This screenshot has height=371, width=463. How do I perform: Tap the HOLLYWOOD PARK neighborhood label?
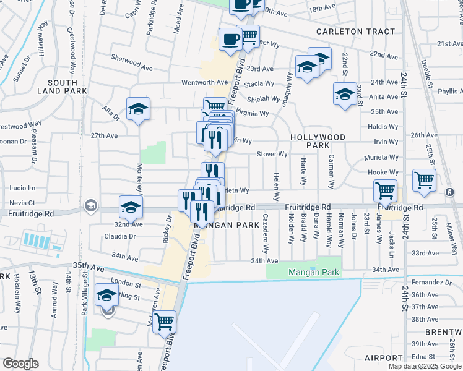318,140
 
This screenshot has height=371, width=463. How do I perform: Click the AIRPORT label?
383,358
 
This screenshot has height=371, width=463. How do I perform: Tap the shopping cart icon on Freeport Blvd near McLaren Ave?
165,321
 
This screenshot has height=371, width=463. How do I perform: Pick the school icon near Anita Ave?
344,93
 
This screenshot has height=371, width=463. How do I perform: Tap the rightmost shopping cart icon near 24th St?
424,180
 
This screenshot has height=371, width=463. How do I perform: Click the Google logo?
20,364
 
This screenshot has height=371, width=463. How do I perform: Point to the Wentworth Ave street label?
205,82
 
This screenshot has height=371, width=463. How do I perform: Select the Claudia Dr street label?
119,236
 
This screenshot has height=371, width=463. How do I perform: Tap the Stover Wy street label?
272,154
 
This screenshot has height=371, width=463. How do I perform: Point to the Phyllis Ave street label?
449,91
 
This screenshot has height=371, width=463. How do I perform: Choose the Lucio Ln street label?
22,187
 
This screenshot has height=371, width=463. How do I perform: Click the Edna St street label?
424,357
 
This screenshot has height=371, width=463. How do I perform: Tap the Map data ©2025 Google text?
425,366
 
